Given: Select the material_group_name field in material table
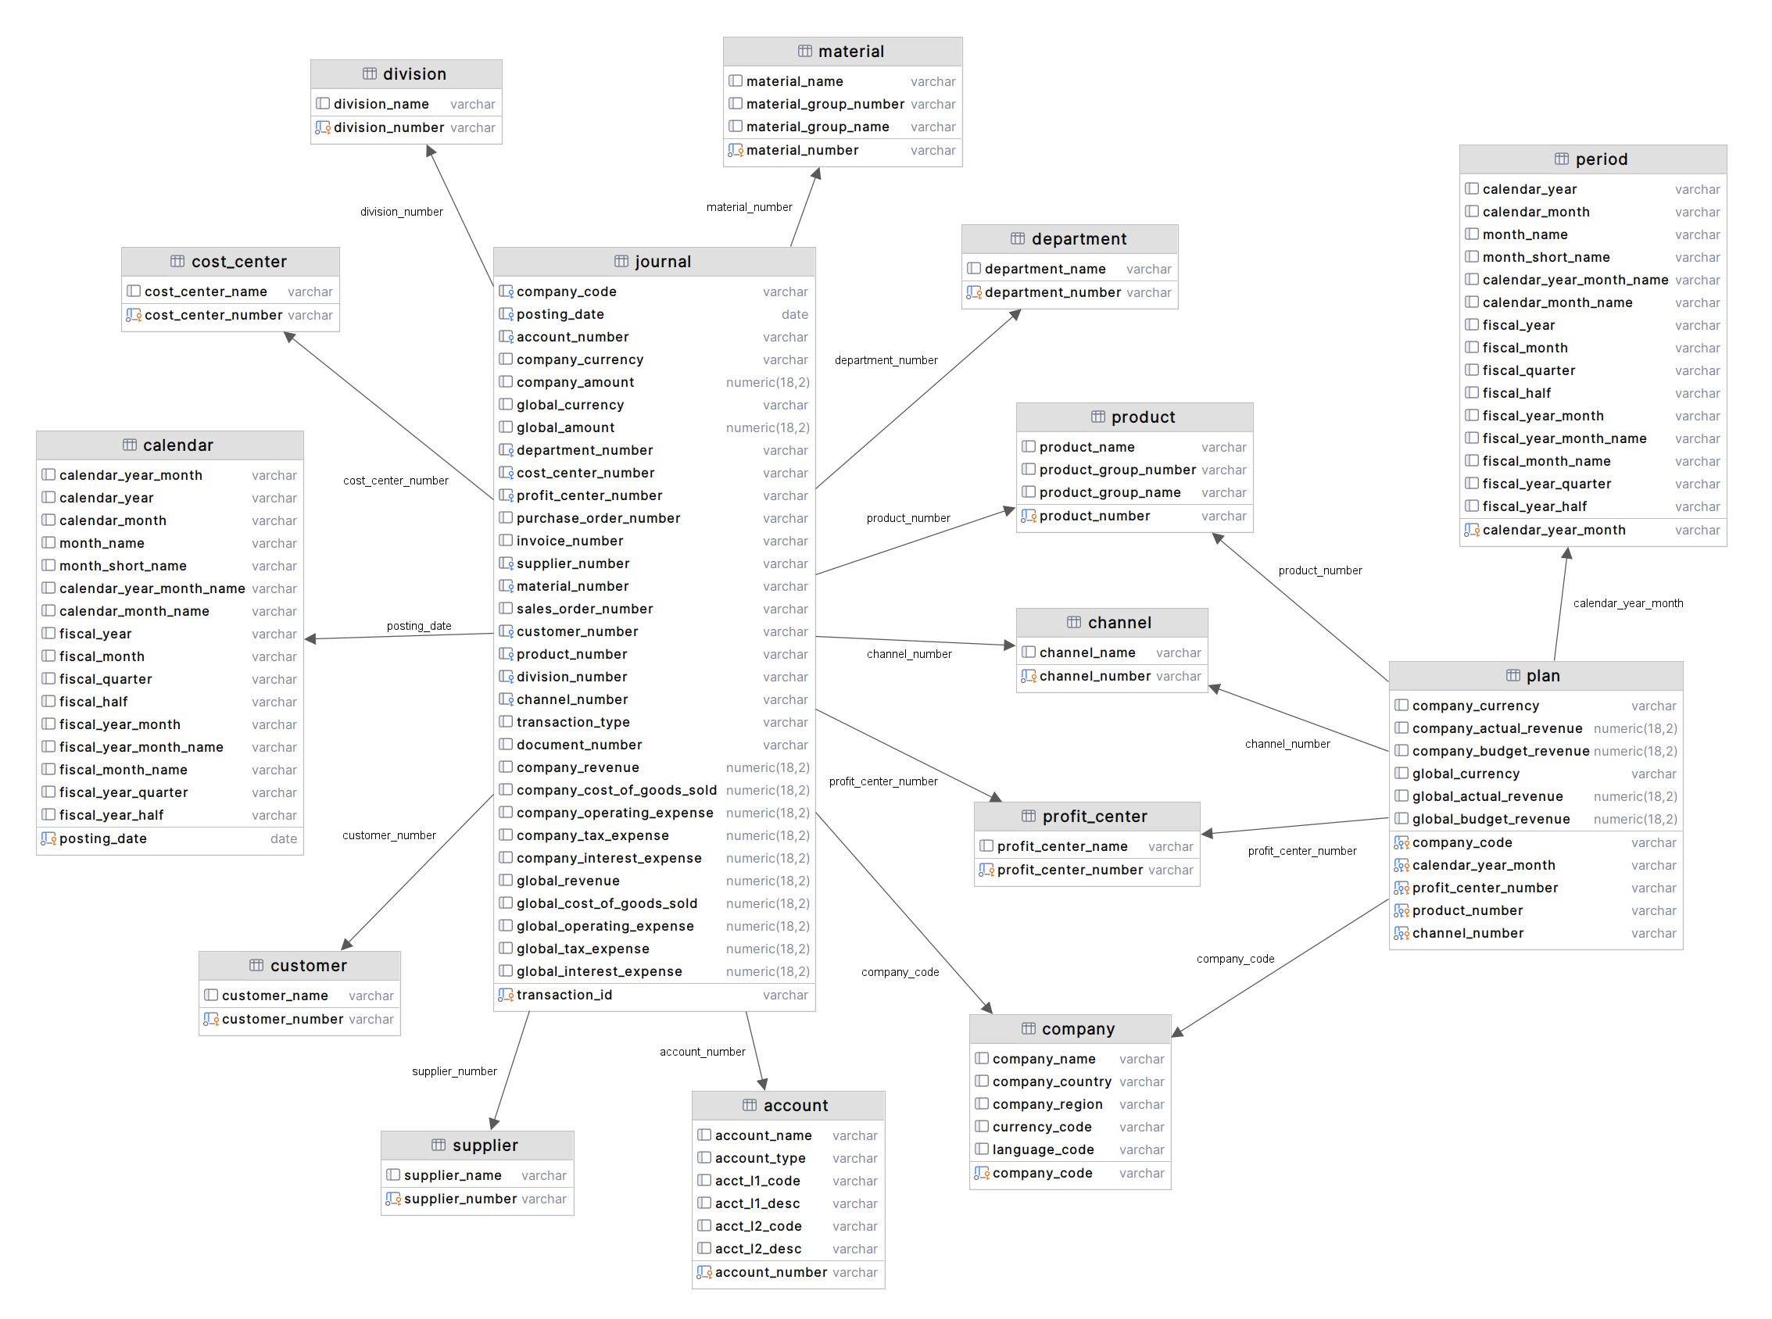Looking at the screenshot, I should [817, 127].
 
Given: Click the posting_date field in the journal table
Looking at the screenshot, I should [560, 315].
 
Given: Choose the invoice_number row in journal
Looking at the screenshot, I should [569, 542].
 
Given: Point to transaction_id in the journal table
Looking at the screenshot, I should [564, 996].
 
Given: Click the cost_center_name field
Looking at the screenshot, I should [206, 292].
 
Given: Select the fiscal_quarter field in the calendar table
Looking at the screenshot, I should [106, 680].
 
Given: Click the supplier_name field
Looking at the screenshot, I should [452, 1176].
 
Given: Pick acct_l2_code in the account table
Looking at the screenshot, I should [758, 1226].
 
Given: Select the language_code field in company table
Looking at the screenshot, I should [1042, 1149].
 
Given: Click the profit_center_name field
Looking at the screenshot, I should [1061, 846].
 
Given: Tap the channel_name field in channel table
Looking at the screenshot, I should [1086, 653].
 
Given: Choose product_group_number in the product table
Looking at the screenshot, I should [1116, 470].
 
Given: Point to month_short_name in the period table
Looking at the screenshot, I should [1545, 258].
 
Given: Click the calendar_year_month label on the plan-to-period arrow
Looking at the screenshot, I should [1627, 603].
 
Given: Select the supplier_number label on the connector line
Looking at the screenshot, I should [453, 1071].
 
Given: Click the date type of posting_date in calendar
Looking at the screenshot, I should [284, 839].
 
